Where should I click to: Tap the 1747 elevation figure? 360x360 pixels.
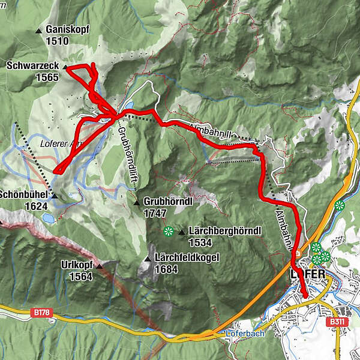[x=155, y=213]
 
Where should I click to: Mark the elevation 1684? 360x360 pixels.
[x=167, y=269]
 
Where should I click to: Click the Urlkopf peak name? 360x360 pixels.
[x=77, y=265]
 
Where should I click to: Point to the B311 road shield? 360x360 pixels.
[x=335, y=322]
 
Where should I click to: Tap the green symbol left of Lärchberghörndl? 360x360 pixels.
[x=168, y=230]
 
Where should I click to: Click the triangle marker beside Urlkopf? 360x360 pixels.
[x=100, y=265]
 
